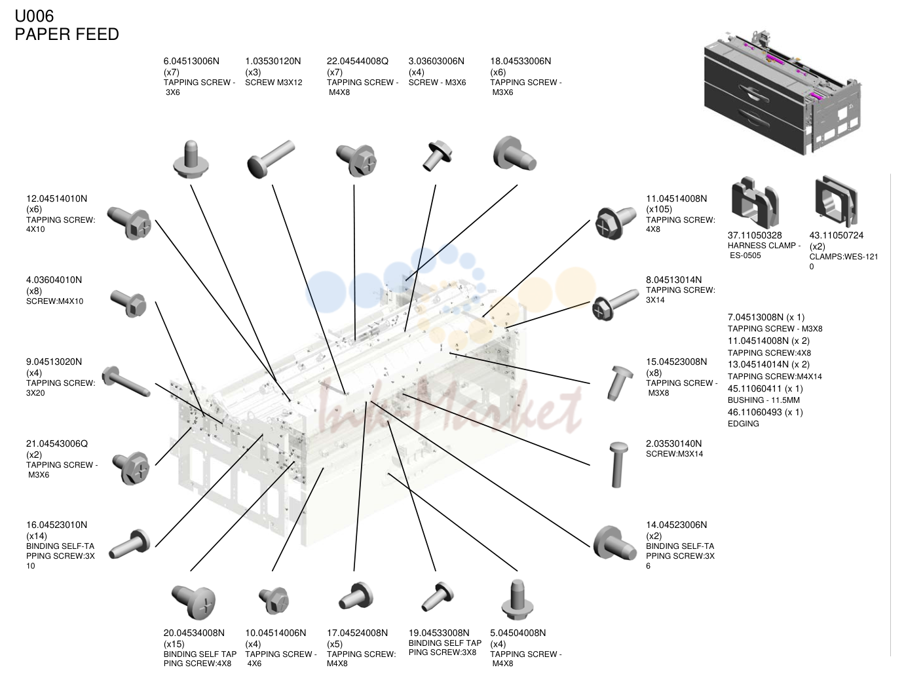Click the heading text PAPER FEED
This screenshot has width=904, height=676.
pos(67,34)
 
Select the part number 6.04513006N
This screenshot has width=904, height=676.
pos(191,62)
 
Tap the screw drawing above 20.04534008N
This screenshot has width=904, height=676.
pos(193,601)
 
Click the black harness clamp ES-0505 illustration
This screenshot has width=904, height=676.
pos(755,202)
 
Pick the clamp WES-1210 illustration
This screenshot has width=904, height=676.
pos(836,201)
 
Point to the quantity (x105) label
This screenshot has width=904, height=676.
pos(659,209)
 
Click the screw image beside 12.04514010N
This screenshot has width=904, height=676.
pos(129,223)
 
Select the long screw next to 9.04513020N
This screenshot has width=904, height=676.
pos(126,382)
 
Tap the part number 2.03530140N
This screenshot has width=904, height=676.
pos(674,444)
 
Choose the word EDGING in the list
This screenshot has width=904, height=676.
pos(743,424)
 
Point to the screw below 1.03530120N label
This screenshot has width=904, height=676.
pos(271,159)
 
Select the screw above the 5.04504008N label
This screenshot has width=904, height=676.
pos(518,599)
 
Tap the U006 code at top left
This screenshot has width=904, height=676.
pos(34,16)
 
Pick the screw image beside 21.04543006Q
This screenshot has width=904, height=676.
pos(131,468)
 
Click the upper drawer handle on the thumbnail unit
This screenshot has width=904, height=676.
pos(755,94)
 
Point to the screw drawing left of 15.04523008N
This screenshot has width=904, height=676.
pos(620,383)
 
